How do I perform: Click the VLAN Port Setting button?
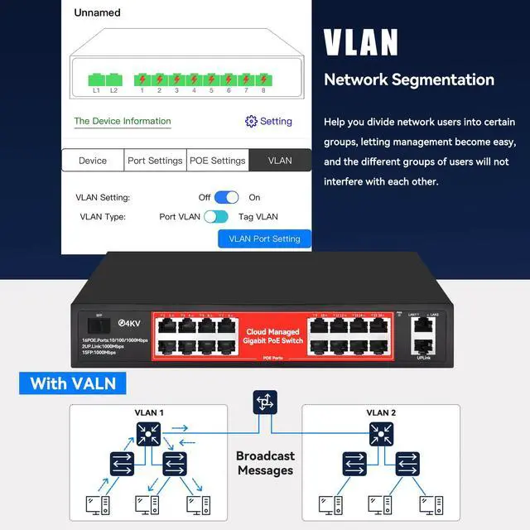pyautogui.click(x=264, y=238)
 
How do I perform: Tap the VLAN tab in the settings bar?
pyautogui.click(x=280, y=161)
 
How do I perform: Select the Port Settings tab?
pyautogui.click(x=155, y=161)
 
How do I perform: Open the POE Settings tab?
pyautogui.click(x=217, y=161)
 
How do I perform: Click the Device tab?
pyautogui.click(x=93, y=161)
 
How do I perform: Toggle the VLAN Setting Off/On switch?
pyautogui.click(x=226, y=197)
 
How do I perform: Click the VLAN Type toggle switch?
pyautogui.click(x=216, y=217)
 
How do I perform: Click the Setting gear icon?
pyautogui.click(x=252, y=121)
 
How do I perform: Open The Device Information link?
pyautogui.click(x=123, y=121)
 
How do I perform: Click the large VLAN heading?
pyautogui.click(x=360, y=43)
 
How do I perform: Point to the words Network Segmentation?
pyautogui.click(x=408, y=80)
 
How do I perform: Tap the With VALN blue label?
pyautogui.click(x=74, y=383)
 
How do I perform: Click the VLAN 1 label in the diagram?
pyautogui.click(x=150, y=413)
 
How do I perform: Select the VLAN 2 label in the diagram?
pyautogui.click(x=381, y=413)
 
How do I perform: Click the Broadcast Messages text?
pyautogui.click(x=265, y=463)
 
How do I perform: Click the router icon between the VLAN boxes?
pyautogui.click(x=265, y=403)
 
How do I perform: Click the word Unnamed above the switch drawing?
pyautogui.click(x=97, y=12)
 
